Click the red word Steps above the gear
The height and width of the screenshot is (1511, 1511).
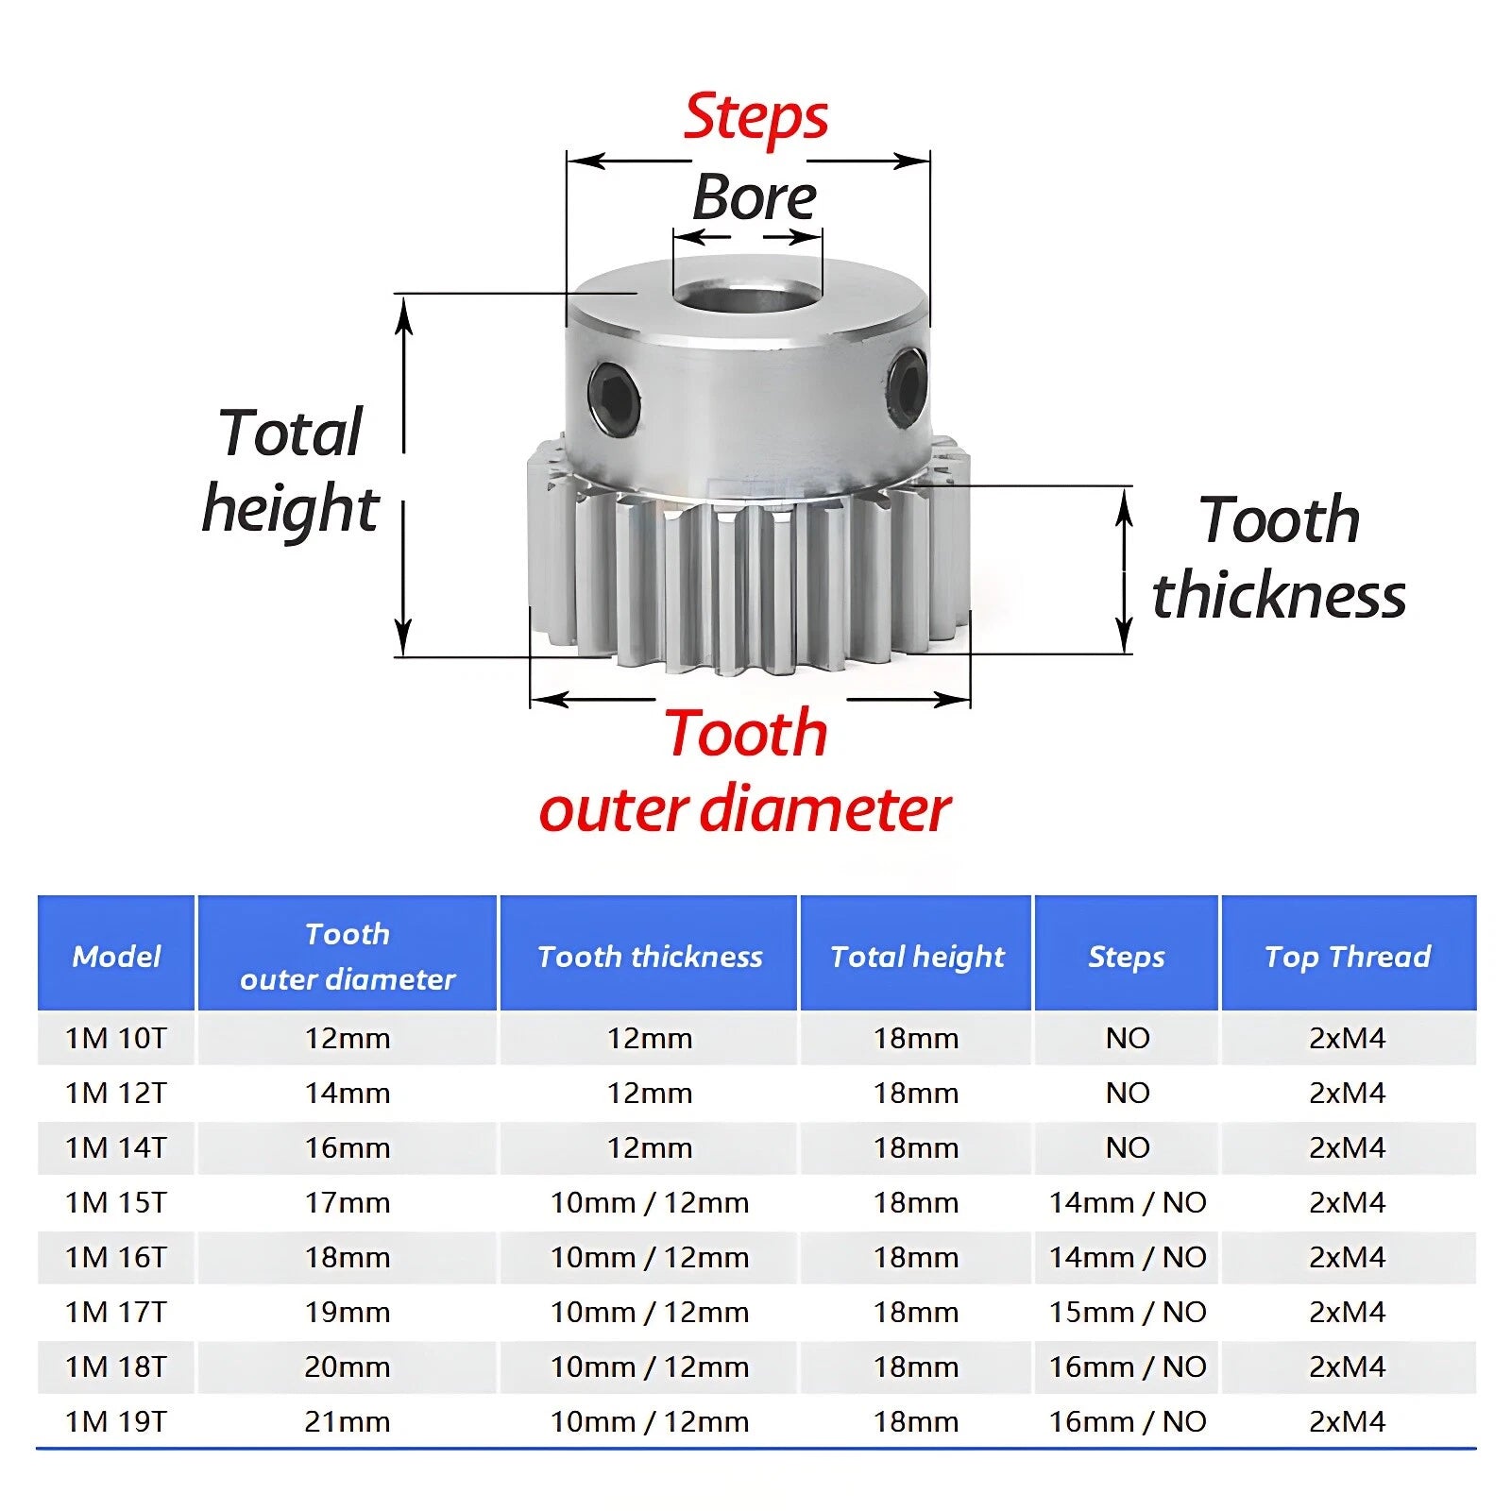tap(755, 119)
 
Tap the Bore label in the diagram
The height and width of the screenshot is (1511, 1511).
tap(755, 197)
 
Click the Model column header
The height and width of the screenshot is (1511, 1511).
tap(117, 957)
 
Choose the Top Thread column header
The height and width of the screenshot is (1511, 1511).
tap(1348, 957)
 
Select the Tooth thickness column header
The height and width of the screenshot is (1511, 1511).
tap(650, 957)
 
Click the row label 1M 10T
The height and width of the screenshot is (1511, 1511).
tap(116, 1038)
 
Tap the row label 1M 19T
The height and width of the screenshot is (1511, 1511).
tap(116, 1421)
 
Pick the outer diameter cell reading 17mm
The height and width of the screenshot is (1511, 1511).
tap(348, 1202)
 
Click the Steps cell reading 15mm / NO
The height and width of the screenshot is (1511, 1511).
tap(1128, 1312)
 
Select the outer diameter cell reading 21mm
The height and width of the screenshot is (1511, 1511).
tap(348, 1421)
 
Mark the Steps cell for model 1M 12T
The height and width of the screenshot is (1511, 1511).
tap(1128, 1093)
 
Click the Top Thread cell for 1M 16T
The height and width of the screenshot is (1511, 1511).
tap(1348, 1257)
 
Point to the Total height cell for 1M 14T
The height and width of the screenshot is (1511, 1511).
tap(916, 1147)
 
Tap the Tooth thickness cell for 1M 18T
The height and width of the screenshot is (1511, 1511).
tap(650, 1367)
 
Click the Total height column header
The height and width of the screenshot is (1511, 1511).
tap(917, 957)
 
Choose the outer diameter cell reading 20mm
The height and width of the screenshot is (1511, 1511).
tap(348, 1367)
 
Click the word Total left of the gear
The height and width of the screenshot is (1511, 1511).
tap(291, 433)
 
